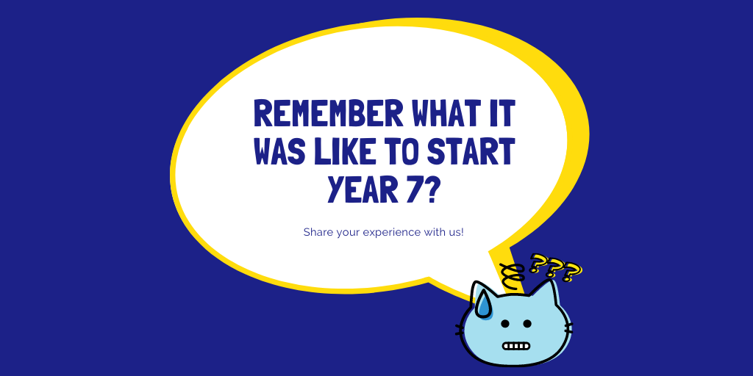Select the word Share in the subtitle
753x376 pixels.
(x=317, y=232)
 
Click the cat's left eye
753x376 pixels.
(x=504, y=323)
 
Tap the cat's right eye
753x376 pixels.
(x=527, y=323)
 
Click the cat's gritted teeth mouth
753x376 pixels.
(x=515, y=345)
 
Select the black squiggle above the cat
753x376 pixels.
(x=513, y=273)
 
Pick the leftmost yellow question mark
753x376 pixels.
(x=539, y=262)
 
